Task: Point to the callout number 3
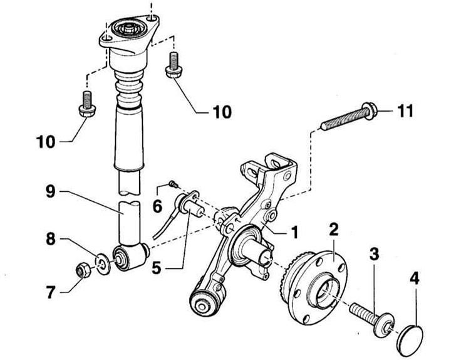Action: click(375, 254)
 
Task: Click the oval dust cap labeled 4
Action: click(412, 339)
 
